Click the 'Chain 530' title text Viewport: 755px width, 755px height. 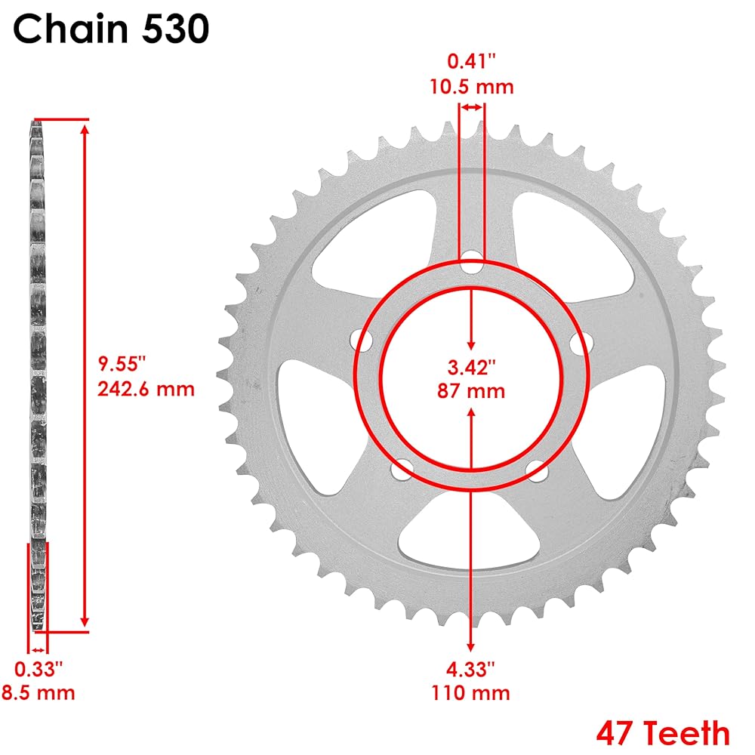(x=111, y=29)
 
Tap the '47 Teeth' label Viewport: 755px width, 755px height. (x=663, y=733)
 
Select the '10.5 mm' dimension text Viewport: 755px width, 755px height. (x=471, y=87)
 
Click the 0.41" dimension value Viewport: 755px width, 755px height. (x=471, y=61)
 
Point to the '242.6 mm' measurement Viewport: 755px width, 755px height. (x=146, y=389)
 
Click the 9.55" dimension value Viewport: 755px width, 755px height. (x=122, y=364)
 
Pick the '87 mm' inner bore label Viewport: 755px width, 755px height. (x=471, y=390)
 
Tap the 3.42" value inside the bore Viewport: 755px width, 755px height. (x=471, y=367)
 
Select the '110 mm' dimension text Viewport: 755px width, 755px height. (x=470, y=693)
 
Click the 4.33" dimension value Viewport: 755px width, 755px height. (x=470, y=668)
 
